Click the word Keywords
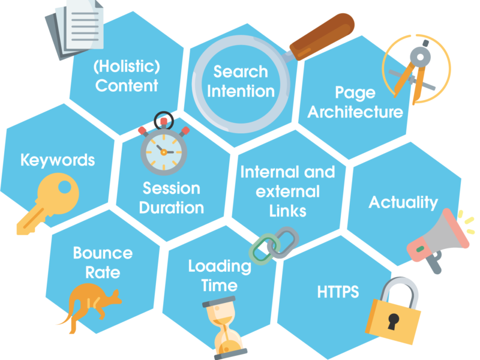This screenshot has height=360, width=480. click(58, 160)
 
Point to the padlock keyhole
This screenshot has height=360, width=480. click(393, 322)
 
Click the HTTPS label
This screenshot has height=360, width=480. click(338, 292)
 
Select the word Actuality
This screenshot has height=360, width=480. click(403, 202)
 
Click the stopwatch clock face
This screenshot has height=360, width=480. click(164, 152)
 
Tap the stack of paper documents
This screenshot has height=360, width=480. click(74, 29)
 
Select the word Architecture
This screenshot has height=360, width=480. click(355, 112)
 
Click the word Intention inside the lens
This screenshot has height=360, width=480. click(241, 91)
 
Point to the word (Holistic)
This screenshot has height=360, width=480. click(127, 67)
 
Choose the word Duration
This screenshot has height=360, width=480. click(172, 208)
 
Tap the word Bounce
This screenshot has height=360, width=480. click(103, 253)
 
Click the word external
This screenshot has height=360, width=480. click(288, 191)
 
